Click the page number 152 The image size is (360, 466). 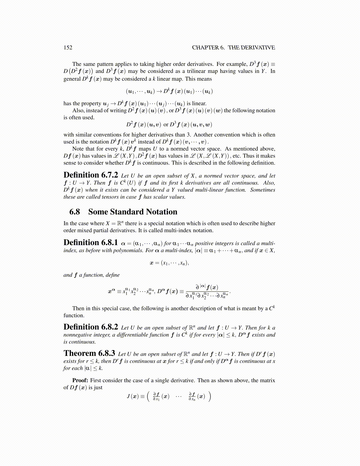pos(68,48)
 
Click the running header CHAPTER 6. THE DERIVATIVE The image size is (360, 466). pos(234,48)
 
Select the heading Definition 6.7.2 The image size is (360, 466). pos(91,175)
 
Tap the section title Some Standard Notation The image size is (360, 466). pos(133,212)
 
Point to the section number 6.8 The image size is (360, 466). pos(75,212)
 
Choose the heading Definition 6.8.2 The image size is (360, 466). pos(91,327)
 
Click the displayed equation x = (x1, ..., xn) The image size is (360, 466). pos(169,263)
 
